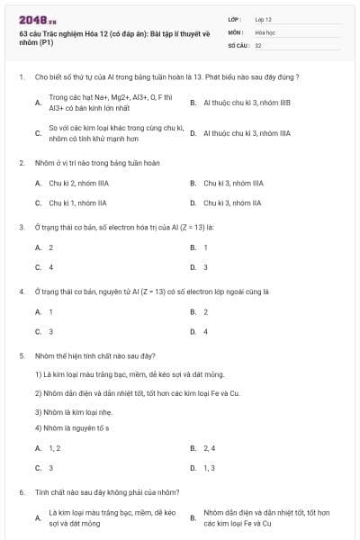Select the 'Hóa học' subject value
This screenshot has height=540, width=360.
click(265, 31)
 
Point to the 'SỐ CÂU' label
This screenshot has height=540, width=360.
click(238, 44)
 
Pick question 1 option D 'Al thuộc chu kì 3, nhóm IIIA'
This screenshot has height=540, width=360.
click(247, 133)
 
